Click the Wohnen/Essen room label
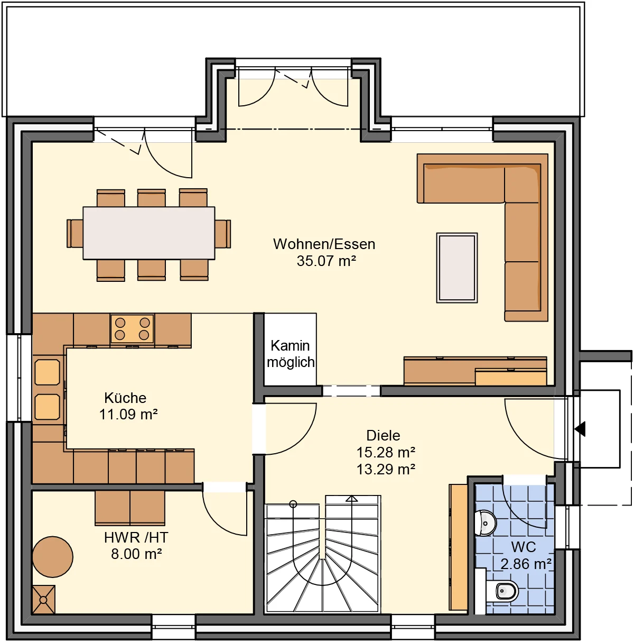pos(324,244)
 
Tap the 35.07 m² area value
pos(327,261)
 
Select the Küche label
pos(125,398)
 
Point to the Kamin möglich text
pos(291,354)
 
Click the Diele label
pos(383,435)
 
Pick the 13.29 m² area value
pos(386,470)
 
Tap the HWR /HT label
pos(136,537)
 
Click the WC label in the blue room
pos(524,547)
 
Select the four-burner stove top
pos(132,328)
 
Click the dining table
pos(149,233)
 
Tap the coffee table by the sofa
pos(457,268)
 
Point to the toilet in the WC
pos(502,592)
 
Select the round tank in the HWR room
pos(53,557)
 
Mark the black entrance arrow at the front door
pos(580,429)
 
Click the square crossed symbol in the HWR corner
pos(44,600)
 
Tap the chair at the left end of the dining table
pos(75,234)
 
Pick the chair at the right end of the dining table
pos(223,234)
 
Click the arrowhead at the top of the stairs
pos(352,499)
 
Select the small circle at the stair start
pos(293,504)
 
